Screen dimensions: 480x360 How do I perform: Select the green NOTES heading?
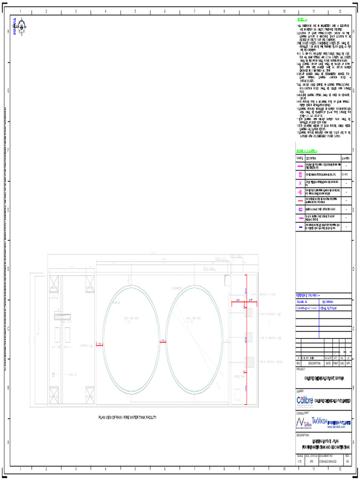(302, 20)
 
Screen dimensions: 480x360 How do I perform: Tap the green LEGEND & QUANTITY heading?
(307, 151)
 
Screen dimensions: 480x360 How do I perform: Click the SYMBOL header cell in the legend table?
(300, 158)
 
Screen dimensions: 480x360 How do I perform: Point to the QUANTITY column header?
(346, 158)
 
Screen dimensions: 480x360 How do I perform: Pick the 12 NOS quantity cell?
(345, 174)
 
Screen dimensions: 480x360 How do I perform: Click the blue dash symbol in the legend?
(300, 227)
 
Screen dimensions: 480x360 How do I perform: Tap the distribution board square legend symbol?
(300, 209)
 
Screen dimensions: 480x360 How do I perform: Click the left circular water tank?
(131, 339)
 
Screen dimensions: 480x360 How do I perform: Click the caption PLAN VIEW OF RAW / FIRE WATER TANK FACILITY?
(127, 418)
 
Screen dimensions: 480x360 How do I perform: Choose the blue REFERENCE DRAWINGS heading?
(307, 296)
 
